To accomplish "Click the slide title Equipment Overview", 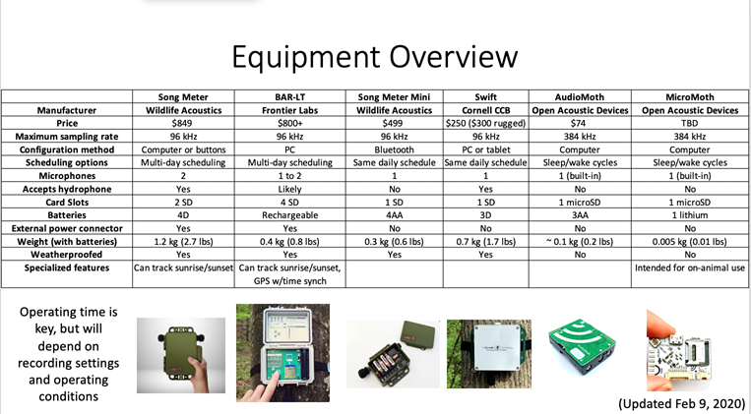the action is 375,57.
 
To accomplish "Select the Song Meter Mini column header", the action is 394,97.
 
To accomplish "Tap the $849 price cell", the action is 183,123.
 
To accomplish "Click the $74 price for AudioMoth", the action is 580,123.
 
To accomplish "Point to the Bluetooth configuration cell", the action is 394,149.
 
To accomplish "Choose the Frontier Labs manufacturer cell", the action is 289,110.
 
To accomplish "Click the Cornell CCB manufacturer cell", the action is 485,110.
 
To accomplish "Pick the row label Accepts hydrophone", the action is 67,189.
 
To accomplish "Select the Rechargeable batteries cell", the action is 289,215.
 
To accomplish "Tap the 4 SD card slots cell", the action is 289,202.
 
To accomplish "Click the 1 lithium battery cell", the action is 690,215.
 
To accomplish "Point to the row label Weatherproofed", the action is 67,255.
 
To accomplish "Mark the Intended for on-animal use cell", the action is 690,268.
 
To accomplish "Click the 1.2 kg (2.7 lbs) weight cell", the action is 183,242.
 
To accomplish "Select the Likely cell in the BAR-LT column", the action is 289,189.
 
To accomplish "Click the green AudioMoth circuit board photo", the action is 582,345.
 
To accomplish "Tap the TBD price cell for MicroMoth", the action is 690,123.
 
